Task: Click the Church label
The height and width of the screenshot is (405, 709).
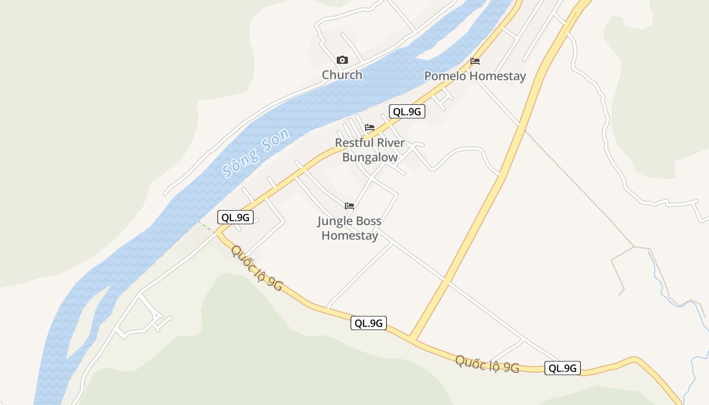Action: [342, 75]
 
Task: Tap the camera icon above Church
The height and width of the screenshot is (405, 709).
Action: [342, 60]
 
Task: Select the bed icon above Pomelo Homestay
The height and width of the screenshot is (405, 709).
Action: [475, 61]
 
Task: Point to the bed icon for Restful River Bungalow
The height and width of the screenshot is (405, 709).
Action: [370, 127]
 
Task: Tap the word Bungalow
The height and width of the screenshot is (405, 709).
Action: [370, 157]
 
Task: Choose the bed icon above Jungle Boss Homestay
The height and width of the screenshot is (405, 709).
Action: [349, 206]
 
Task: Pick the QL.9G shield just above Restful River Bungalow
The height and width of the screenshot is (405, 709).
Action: [407, 112]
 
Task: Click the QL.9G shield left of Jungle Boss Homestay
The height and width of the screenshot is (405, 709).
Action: [235, 218]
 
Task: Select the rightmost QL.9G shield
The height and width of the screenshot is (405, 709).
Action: [562, 368]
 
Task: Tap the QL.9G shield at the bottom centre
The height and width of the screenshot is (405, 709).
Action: [368, 323]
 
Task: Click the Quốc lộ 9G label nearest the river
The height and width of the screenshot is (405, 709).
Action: [257, 268]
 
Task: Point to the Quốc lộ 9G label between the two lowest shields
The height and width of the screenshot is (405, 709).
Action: [487, 364]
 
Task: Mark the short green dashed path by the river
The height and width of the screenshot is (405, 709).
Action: [206, 227]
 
